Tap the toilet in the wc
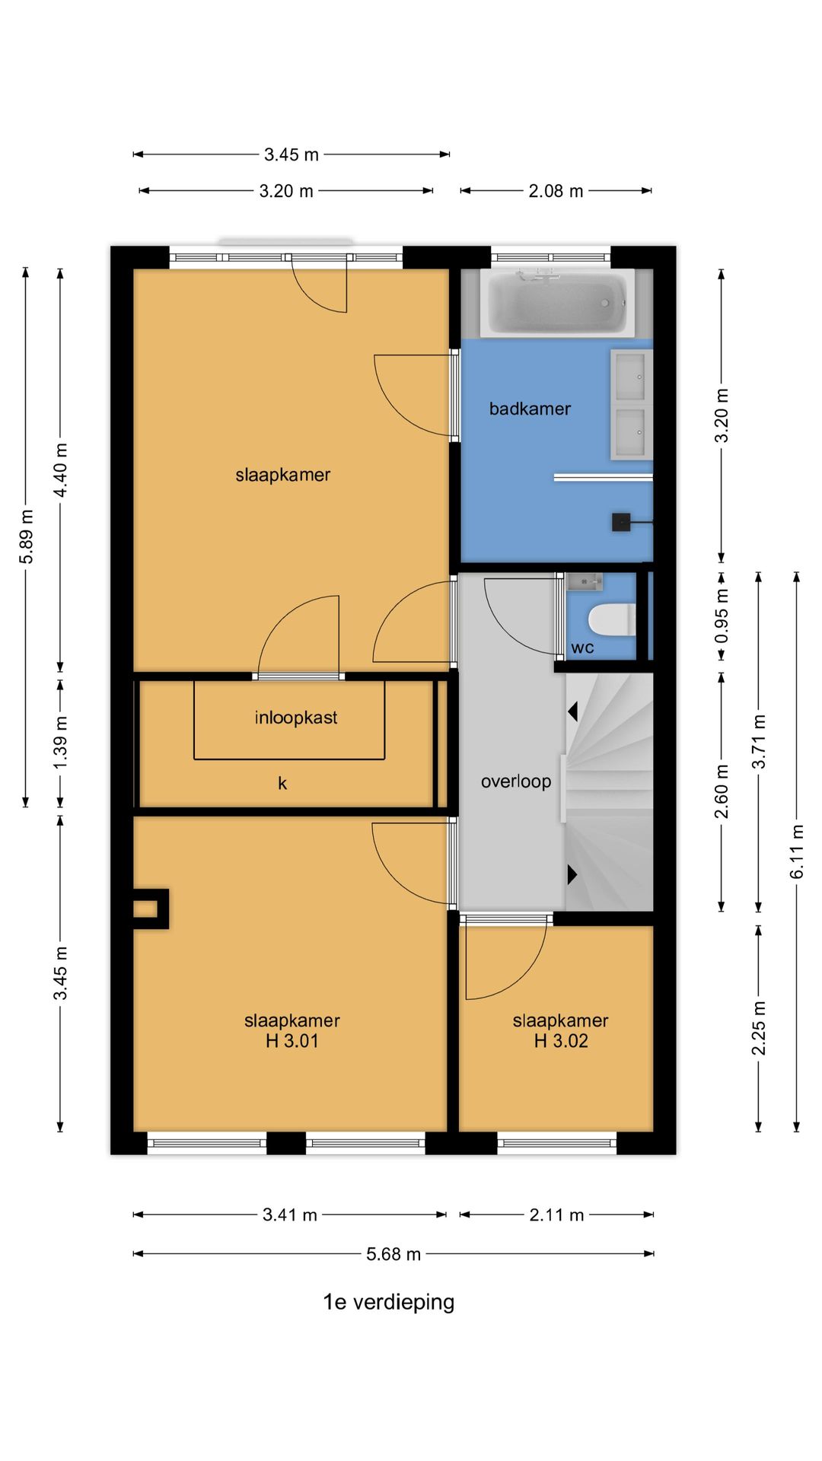pos(612,619)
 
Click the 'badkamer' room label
pos(530,409)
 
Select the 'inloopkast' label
pos(296,718)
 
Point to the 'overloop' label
pos(516,781)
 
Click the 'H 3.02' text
pos(561,1041)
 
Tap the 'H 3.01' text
pos(292,1041)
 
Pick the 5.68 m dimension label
pos(393,1254)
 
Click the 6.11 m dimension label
pos(797,851)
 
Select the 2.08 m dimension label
pos(556,191)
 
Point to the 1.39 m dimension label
pos(61,743)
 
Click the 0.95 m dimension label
pos(722,616)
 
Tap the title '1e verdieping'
pos(389,1302)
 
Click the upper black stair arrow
pos(573,711)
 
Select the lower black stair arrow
pos(573,874)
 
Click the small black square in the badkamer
pos(621,523)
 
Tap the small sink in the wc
pos(585,582)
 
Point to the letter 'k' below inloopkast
pos(282,783)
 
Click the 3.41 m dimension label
pos(290,1215)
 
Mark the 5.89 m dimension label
pos(26,537)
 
